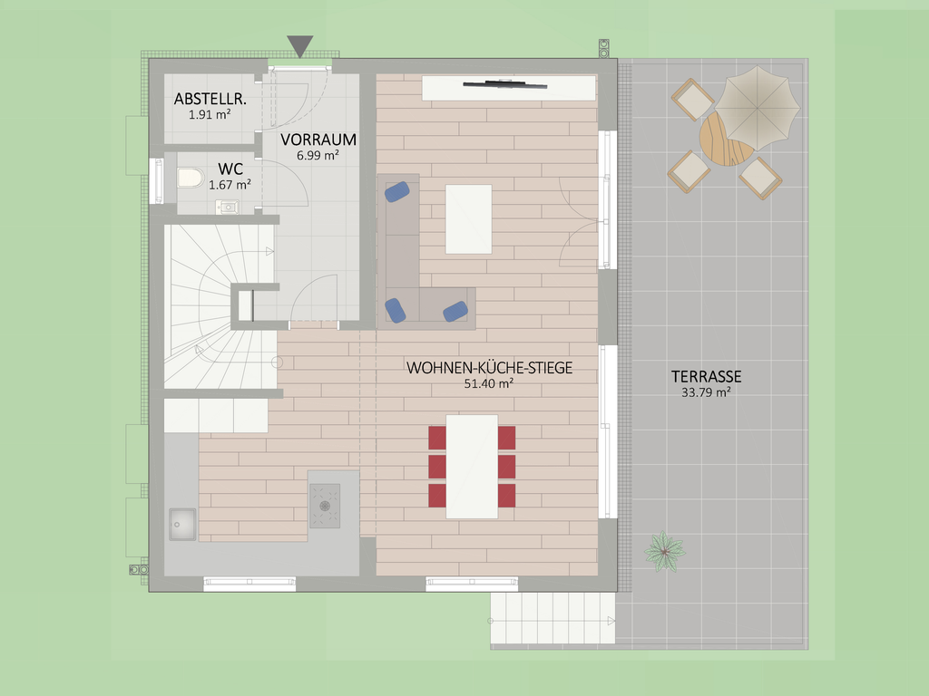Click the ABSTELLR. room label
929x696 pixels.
210,99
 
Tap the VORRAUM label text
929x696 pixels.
318,140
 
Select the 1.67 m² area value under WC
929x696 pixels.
230,185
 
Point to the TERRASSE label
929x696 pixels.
706,376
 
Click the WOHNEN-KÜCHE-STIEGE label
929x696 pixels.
489,368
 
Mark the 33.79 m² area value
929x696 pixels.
706,391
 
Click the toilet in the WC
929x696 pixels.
190,178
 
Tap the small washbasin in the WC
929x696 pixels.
228,207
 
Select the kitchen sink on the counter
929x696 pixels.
182,524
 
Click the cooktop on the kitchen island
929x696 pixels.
325,506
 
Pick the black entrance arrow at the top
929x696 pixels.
299,46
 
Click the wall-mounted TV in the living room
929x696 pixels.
504,84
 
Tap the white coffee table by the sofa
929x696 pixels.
469,219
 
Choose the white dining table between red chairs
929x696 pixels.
472,467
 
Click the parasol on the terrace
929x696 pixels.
758,109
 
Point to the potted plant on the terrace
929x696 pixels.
665,552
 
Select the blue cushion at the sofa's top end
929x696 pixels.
397,192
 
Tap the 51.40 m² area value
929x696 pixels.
489,383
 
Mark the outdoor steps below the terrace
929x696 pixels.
553,618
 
